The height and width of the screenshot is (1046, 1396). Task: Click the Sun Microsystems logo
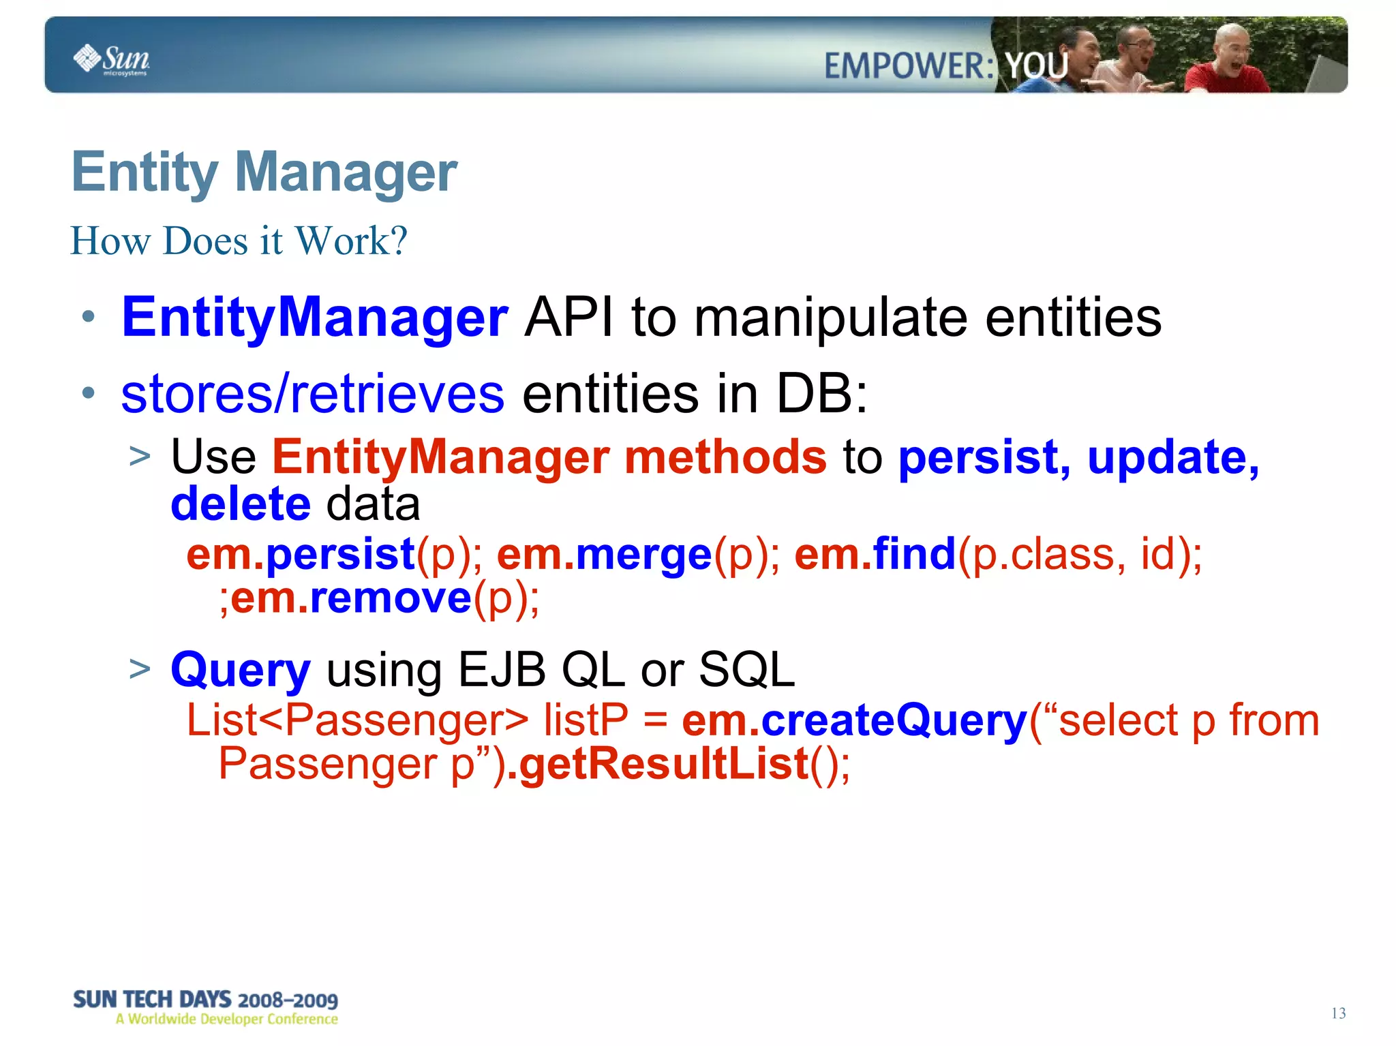[112, 59]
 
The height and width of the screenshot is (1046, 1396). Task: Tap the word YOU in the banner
[1037, 67]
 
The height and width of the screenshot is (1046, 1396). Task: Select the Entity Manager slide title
[264, 172]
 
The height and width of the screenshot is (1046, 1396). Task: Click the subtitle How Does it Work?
[239, 241]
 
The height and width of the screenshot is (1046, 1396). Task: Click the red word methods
[725, 457]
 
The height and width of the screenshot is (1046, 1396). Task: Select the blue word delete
[241, 504]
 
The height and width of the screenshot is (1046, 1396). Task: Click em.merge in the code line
[604, 554]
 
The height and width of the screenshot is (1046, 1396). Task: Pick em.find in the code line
[875, 554]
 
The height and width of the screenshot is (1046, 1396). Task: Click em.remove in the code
[351, 598]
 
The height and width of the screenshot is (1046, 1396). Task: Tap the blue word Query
[241, 670]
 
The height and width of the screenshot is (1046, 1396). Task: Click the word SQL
[747, 670]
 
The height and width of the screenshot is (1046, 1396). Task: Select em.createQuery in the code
[854, 720]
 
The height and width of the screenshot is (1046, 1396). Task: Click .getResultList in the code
[658, 764]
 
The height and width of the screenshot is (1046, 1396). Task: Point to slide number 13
[1338, 1013]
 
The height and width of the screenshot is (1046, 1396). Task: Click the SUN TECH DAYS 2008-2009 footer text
[205, 1000]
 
